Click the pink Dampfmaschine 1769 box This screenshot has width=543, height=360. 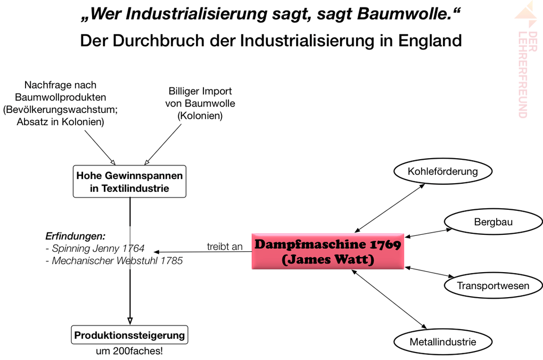click(x=327, y=251)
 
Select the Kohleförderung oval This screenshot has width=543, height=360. click(x=442, y=171)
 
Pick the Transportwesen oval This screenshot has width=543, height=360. click(x=493, y=285)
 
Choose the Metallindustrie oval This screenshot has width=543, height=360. click(x=442, y=341)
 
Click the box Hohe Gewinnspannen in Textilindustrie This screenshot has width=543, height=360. click(x=129, y=182)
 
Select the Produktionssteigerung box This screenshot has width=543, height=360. click(x=129, y=336)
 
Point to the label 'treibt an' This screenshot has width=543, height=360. click(x=225, y=247)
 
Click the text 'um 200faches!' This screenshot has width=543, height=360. click(x=130, y=351)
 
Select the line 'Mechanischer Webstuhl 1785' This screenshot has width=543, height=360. click(x=114, y=261)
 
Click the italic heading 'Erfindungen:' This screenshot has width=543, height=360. click(x=75, y=236)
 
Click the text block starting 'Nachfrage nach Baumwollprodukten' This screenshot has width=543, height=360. click(x=60, y=103)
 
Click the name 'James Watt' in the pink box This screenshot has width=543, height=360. click(x=327, y=260)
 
